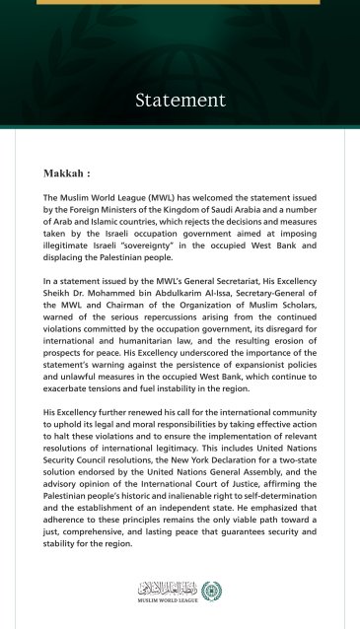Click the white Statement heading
coord(180,101)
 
